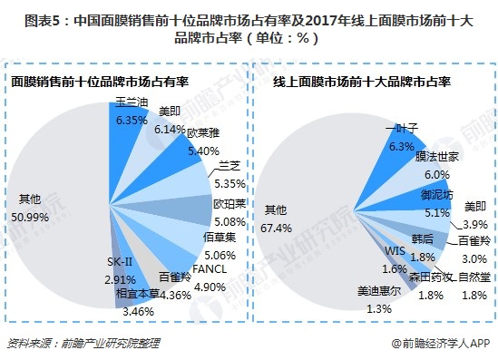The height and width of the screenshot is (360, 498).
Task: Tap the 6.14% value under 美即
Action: (x=171, y=130)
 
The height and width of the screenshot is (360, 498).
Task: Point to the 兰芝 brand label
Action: (x=229, y=166)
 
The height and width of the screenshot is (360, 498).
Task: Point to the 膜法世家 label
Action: (x=437, y=158)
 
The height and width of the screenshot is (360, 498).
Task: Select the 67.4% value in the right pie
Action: (x=277, y=226)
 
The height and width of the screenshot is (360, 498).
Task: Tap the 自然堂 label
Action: (x=475, y=275)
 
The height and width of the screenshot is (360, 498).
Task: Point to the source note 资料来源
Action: (x=28, y=343)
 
